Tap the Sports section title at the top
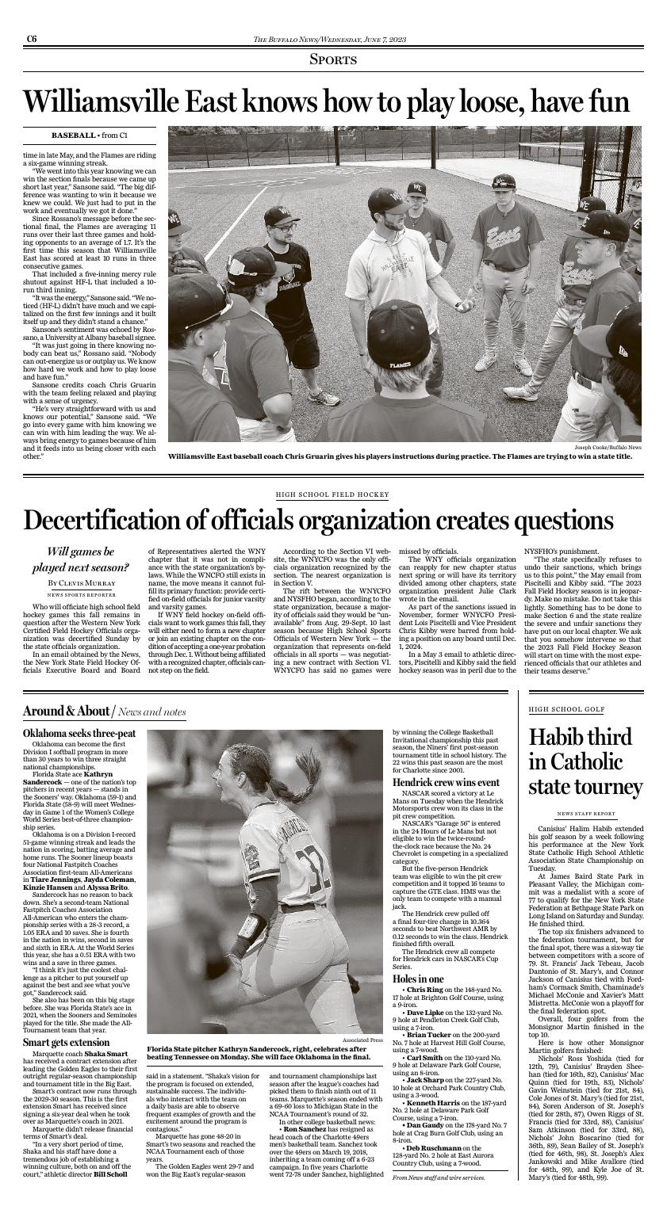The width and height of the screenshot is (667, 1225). coord(333,60)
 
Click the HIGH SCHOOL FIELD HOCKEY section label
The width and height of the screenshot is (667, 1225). coord(332,494)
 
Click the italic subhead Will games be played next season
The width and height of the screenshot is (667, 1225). coord(80,559)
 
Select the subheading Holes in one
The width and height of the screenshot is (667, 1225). coord(418,979)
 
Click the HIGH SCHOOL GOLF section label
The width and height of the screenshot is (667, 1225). coord(566,710)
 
